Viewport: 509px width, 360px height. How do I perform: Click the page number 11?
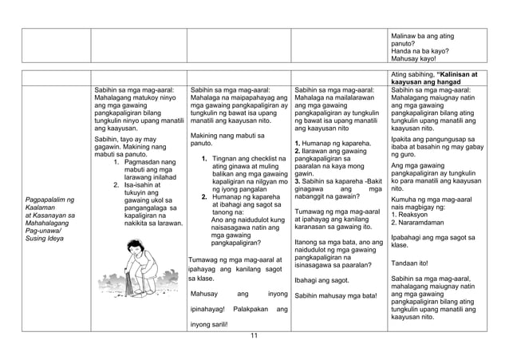coord(254,334)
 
